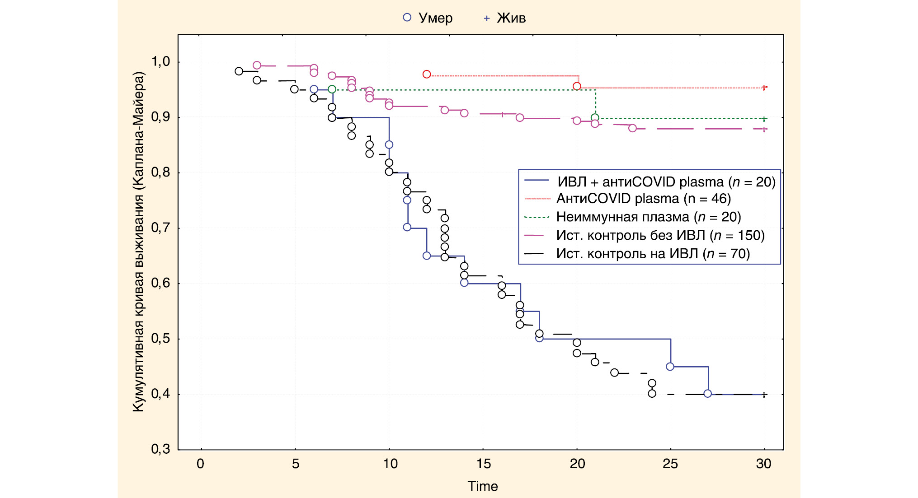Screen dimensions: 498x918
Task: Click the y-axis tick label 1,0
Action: (160, 61)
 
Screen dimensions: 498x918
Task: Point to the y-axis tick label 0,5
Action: (160, 339)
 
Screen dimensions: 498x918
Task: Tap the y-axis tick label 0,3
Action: (160, 449)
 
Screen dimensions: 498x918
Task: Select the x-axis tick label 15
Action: (483, 464)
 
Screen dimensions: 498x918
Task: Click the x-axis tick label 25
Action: (670, 464)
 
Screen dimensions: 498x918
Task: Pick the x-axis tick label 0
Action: (200, 464)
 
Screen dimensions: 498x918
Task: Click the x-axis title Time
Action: (482, 486)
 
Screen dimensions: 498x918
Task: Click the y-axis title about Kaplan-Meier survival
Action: (138, 242)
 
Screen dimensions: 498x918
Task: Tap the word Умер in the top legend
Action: (435, 18)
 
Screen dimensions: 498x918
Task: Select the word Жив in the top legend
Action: (511, 18)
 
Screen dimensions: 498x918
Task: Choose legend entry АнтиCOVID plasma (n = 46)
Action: (643, 199)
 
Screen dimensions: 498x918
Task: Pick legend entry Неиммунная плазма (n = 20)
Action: (649, 217)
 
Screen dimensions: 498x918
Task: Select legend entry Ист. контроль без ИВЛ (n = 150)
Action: (660, 235)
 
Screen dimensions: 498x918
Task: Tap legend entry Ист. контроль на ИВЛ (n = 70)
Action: (653, 254)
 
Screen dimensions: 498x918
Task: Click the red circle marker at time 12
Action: (427, 74)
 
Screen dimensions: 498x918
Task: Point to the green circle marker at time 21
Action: (595, 118)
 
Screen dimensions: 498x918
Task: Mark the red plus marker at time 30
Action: (764, 87)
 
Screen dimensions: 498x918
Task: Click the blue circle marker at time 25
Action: (670, 367)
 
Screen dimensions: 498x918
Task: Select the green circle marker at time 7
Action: (332, 89)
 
